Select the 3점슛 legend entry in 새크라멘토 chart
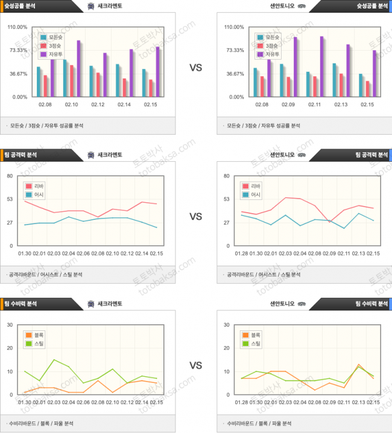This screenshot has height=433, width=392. point(55,45)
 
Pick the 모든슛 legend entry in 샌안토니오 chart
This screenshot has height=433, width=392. point(271,36)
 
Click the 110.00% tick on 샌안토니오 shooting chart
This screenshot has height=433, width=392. point(234,27)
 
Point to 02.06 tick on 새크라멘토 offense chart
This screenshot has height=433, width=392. point(83,253)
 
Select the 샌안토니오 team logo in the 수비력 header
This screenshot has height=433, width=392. point(300,303)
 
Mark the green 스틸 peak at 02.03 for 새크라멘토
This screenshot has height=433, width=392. point(54,360)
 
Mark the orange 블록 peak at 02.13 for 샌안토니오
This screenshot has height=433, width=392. point(359,365)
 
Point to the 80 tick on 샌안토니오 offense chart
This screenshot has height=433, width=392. point(227,176)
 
